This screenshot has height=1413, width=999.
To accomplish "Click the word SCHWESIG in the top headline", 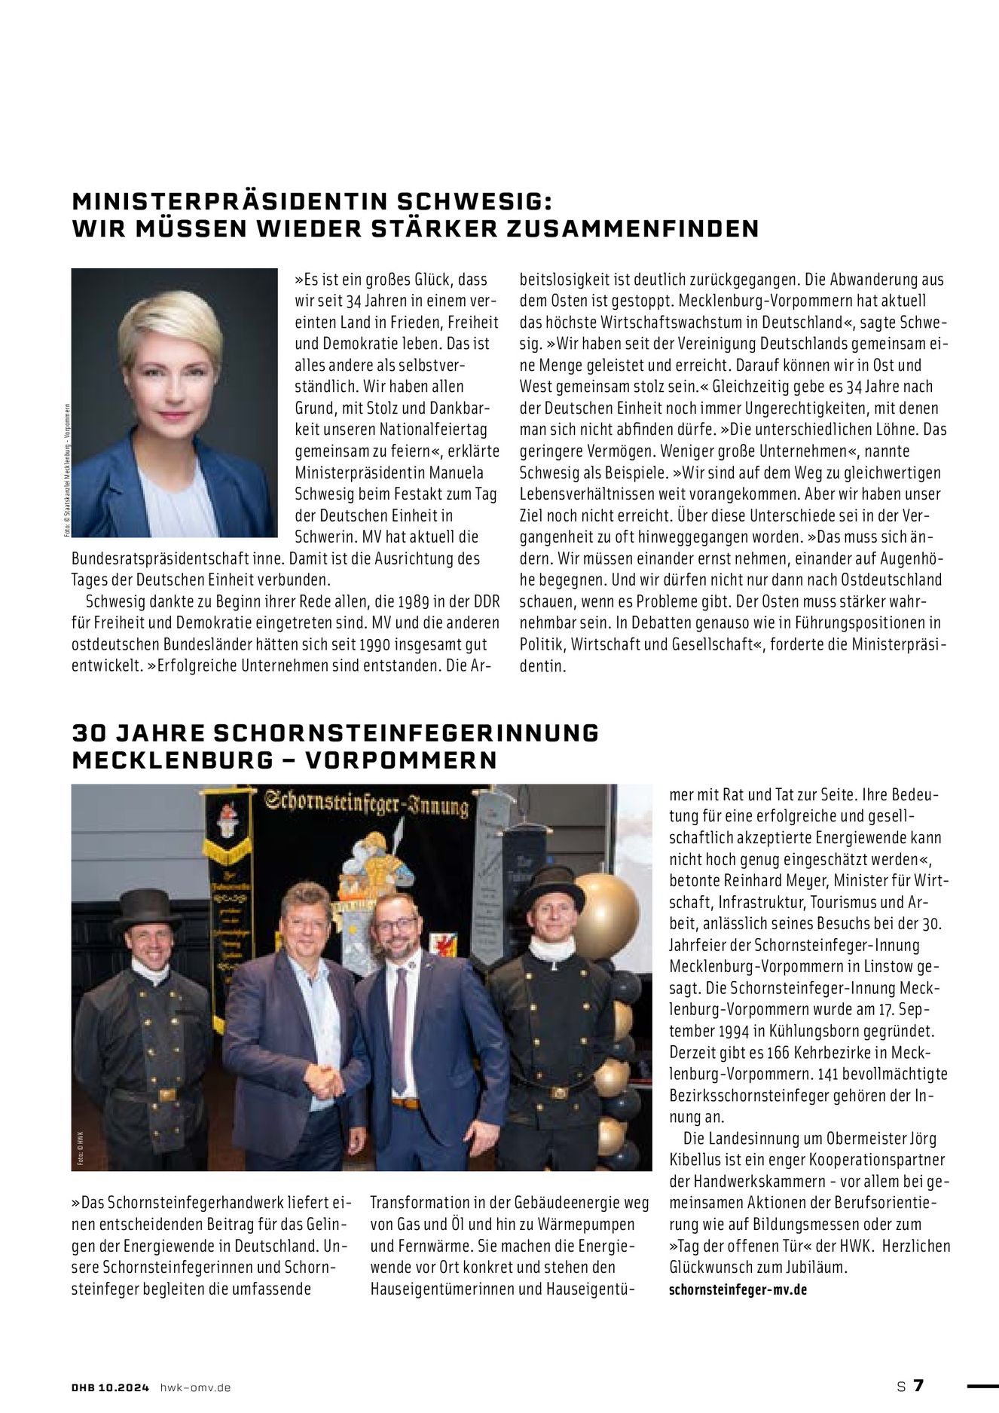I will point(474,201).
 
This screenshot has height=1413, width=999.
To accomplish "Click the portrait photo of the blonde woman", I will point(174,402).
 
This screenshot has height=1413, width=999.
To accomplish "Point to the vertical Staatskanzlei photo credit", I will point(66,470).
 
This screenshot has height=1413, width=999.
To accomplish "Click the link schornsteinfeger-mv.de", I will point(738,1289).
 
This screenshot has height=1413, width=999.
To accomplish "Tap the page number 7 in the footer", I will point(918,1386).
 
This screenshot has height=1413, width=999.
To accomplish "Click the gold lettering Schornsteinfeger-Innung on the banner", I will point(367,804).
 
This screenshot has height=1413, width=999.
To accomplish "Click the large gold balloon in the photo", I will point(606,916).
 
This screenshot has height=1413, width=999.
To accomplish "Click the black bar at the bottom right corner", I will point(982,1385).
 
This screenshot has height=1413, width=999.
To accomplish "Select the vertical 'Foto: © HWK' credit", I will point(78,1148).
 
